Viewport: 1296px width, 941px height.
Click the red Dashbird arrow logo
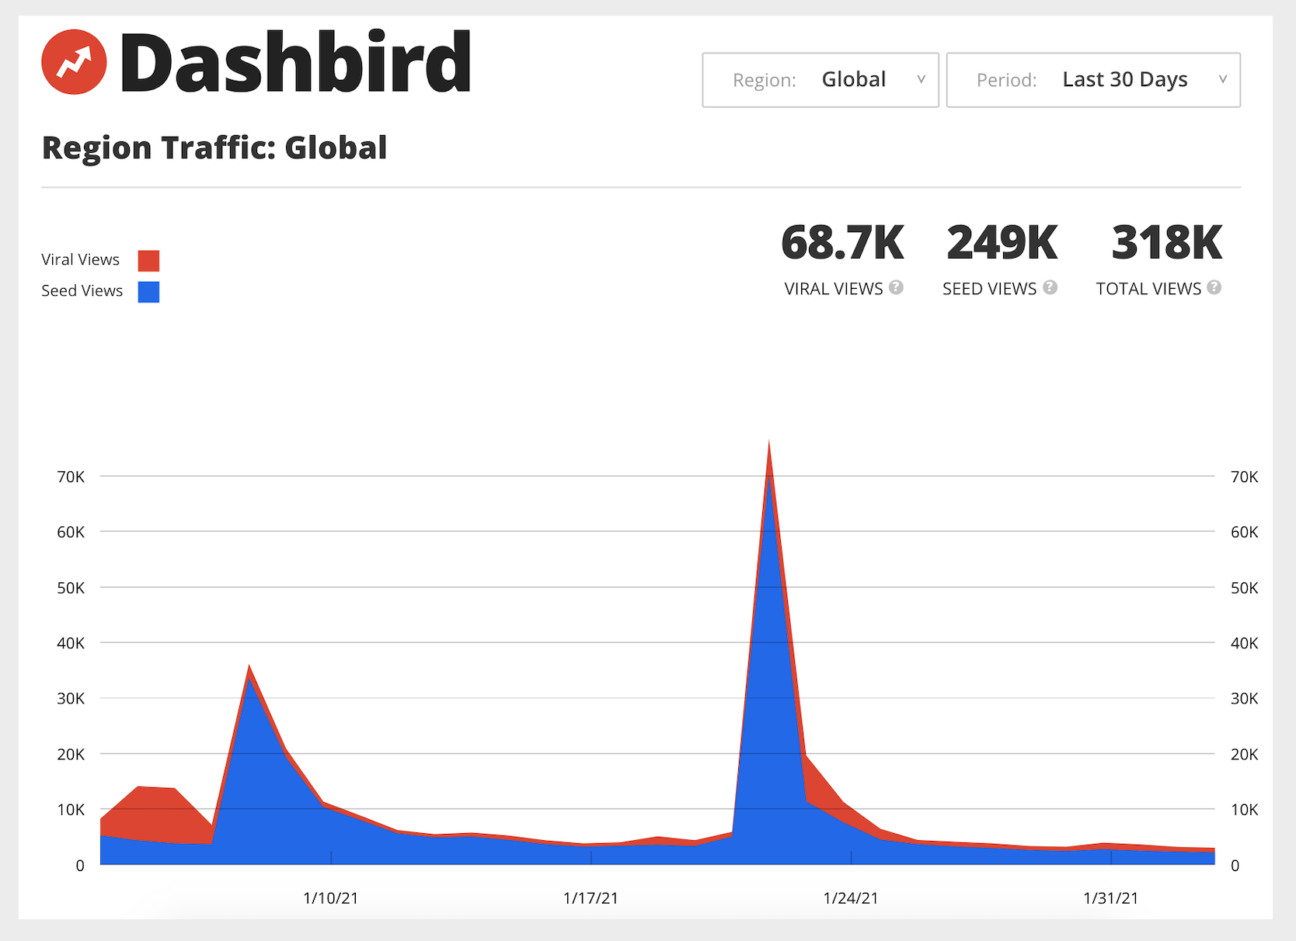click(74, 62)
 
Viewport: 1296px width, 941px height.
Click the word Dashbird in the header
click(295, 62)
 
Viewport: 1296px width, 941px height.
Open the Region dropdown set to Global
click(820, 80)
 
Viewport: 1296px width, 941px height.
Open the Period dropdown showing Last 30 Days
click(1093, 80)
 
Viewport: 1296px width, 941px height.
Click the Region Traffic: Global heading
click(214, 148)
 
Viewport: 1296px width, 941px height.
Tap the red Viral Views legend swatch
click(148, 261)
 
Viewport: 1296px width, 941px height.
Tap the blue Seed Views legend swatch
click(148, 292)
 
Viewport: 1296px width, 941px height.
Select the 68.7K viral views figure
click(842, 243)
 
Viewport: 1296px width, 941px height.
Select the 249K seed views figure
click(1002, 243)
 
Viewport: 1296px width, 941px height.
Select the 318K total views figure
click(1166, 243)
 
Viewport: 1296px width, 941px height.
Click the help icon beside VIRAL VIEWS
click(896, 287)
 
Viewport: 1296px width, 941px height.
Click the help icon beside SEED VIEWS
click(1050, 287)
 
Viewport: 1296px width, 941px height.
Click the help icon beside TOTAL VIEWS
click(1214, 287)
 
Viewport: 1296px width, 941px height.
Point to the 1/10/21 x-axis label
click(331, 898)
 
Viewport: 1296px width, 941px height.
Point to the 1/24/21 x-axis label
click(851, 898)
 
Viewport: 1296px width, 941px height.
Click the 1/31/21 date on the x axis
click(1111, 898)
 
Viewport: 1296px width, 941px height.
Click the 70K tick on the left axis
click(71, 477)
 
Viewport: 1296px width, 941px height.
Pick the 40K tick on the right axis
click(1245, 644)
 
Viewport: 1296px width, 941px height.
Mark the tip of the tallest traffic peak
click(769, 440)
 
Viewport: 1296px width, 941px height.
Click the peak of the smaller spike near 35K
click(249, 665)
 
